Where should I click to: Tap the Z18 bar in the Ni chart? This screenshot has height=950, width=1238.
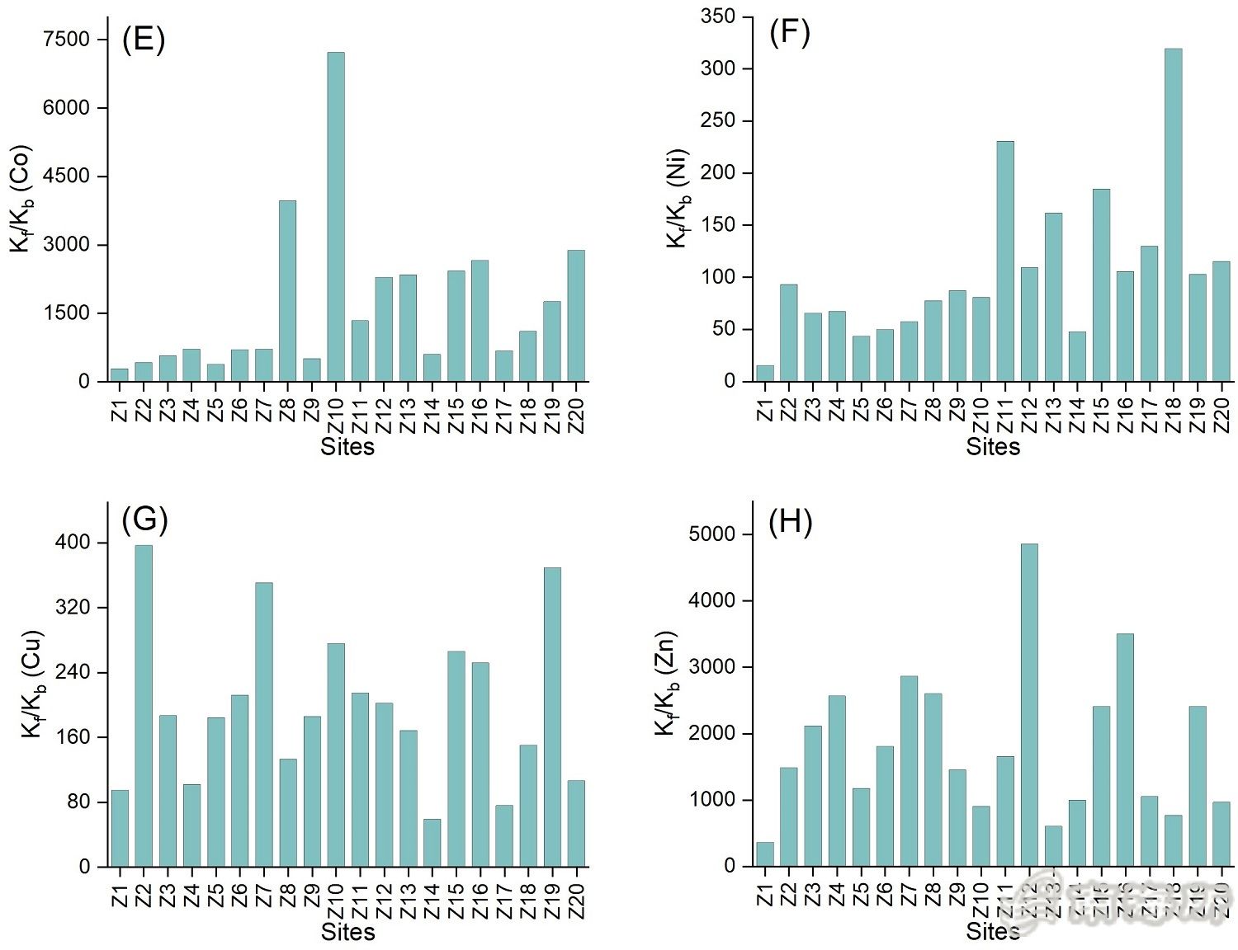[1173, 215]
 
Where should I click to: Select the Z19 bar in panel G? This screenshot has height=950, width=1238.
[552, 717]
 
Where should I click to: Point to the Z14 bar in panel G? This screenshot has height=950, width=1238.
[432, 843]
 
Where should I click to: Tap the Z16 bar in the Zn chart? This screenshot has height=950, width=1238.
[1125, 750]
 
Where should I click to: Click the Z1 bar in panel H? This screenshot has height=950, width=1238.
[765, 854]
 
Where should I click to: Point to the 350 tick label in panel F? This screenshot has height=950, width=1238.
[717, 16]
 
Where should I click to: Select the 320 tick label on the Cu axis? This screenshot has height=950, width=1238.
[73, 608]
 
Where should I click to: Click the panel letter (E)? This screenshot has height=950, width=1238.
[144, 39]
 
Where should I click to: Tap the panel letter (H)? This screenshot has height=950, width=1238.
[790, 522]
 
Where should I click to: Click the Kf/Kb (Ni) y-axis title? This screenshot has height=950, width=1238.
[678, 199]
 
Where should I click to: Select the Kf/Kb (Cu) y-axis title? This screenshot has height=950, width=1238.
[31, 684]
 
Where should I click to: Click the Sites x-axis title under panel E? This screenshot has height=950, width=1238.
[347, 447]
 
